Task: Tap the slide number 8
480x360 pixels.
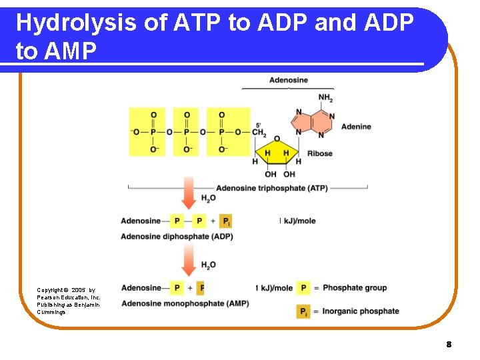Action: [449, 345]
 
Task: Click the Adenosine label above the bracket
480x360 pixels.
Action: [288, 80]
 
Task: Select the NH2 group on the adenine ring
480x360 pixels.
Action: [325, 97]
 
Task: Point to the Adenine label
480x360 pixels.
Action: [356, 127]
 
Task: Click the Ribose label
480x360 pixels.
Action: [319, 153]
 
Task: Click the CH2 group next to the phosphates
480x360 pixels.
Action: [259, 132]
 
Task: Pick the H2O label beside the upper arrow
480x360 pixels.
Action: [208, 199]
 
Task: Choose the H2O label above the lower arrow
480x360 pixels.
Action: [208, 265]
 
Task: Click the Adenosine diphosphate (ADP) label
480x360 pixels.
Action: [177, 236]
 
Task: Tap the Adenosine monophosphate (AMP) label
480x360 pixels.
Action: [185, 303]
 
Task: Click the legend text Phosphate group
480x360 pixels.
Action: [354, 287]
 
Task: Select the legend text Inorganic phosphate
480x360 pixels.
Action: [360, 311]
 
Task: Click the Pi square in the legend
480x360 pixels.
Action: [303, 311]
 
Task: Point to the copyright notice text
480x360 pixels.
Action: [68, 301]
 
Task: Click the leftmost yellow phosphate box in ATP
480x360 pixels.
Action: [153, 132]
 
